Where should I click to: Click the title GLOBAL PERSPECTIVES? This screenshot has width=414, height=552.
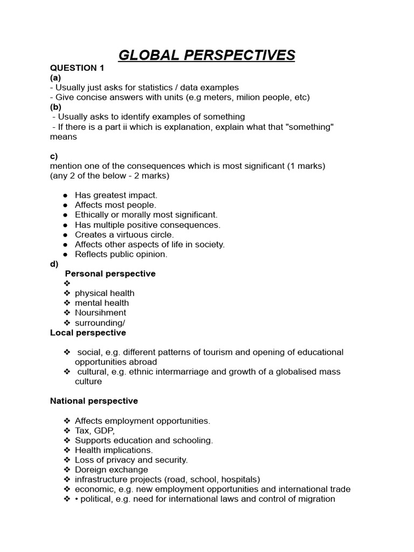[x=207, y=55]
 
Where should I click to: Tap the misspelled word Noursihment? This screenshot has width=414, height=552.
[x=100, y=313]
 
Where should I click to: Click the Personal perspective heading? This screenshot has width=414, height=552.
[x=110, y=273]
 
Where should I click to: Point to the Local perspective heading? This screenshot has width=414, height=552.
[x=88, y=333]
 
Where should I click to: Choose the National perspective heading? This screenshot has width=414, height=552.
[x=94, y=401]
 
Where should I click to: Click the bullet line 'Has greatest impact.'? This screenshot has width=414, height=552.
[x=116, y=195]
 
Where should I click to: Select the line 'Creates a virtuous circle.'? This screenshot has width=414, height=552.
[x=124, y=234]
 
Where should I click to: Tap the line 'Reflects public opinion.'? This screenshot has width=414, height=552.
[x=121, y=254]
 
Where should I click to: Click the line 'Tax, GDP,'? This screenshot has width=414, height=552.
[x=95, y=430]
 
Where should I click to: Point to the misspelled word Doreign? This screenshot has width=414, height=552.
[x=90, y=470]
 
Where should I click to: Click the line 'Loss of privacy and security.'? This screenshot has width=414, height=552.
[x=131, y=460]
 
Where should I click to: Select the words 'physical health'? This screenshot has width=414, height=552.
[x=105, y=293]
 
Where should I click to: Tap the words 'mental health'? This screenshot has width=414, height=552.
[x=102, y=303]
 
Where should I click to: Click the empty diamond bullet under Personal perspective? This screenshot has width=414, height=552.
[x=67, y=284]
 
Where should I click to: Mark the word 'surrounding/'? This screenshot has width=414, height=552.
[x=100, y=322]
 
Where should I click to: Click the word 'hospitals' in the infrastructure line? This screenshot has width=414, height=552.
[x=240, y=479]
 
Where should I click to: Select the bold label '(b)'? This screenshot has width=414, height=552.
[x=56, y=107]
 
